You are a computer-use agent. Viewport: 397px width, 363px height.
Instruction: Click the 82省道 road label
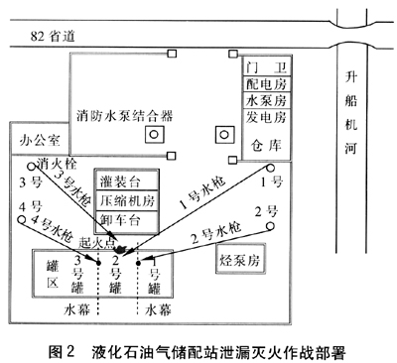point(53,36)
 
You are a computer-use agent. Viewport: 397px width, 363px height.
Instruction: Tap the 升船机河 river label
point(351,113)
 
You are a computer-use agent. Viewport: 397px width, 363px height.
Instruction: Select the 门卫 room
point(266,67)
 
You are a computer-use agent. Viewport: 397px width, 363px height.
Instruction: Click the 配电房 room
point(266,84)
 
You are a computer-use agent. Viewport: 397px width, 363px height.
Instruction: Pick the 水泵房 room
point(266,100)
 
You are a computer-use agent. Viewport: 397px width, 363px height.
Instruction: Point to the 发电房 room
point(266,117)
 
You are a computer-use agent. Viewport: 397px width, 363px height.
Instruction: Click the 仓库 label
point(266,145)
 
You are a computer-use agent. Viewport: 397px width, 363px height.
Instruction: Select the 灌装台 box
point(127,181)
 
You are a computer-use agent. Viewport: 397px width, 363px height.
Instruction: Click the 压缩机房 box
point(127,200)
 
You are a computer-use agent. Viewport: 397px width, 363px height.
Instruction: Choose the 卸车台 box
point(127,221)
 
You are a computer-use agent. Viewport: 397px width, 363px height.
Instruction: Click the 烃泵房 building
point(240,259)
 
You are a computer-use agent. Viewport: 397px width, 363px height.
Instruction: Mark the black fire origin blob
point(121,249)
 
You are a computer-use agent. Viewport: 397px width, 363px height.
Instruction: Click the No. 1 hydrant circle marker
point(271,168)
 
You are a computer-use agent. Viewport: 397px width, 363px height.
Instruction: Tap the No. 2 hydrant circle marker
point(270,226)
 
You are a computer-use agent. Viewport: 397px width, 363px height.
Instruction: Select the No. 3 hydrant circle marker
point(32,167)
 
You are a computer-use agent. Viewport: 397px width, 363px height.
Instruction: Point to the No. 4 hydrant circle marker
point(22,219)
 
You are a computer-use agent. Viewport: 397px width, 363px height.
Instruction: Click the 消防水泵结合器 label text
point(125,116)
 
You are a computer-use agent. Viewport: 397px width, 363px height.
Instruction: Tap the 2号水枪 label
point(217,233)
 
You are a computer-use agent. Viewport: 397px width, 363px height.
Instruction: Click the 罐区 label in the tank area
point(53,275)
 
